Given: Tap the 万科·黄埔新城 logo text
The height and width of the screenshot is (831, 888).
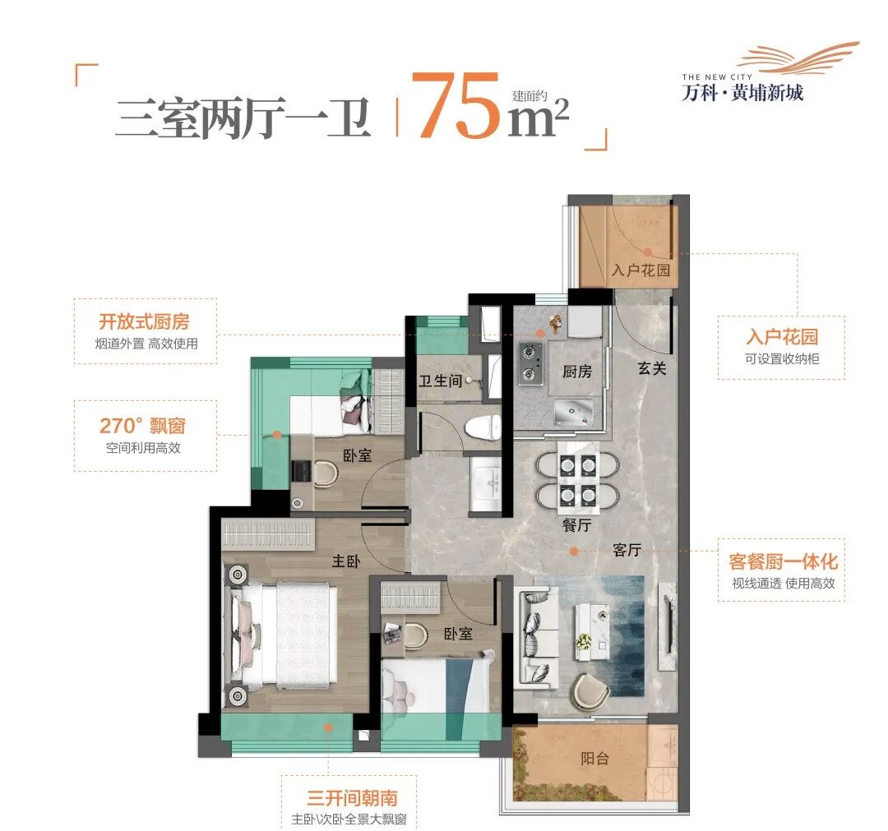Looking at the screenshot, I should [742, 92].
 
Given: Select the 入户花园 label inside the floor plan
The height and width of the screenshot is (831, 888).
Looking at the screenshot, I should [641, 270].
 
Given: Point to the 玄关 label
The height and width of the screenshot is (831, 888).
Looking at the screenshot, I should [652, 369].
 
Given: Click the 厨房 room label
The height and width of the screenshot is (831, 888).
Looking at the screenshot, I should [577, 372].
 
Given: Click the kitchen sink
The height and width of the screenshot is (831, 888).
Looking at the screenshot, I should [573, 409].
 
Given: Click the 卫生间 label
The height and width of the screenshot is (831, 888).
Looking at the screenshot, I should [438, 381].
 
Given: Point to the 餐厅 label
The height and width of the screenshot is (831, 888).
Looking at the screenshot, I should [577, 527].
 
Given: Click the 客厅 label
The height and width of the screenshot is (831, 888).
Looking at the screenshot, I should [627, 551].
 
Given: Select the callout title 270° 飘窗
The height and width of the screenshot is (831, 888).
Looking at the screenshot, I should [142, 426].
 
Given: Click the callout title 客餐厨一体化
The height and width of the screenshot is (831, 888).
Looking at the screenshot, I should [782, 562].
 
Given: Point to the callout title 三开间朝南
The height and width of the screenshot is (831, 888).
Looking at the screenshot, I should [352, 798].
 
